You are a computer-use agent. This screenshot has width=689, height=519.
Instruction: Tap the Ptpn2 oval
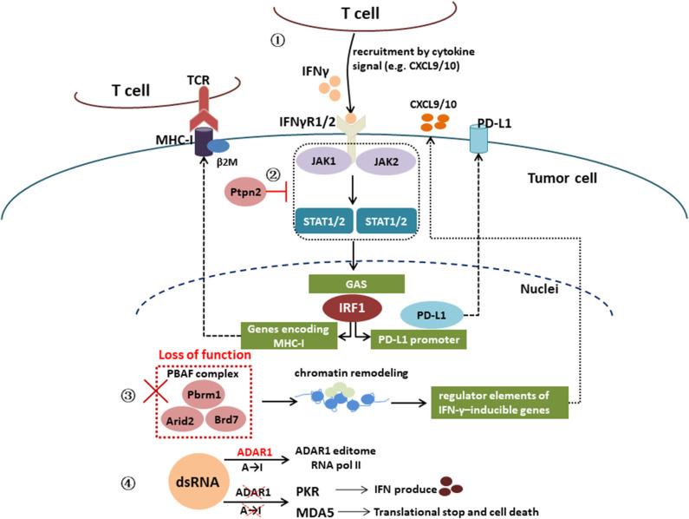[250, 189]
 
